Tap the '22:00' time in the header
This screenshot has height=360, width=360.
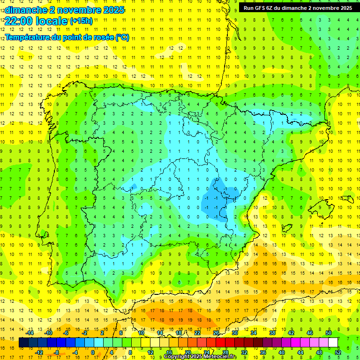[19, 21]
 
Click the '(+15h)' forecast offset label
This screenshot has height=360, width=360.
[81, 21]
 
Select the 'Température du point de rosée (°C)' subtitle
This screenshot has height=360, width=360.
[67, 37]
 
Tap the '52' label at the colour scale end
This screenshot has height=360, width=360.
[338, 352]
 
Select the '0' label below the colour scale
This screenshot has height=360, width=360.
[93, 352]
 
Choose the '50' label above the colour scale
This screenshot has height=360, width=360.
[329, 333]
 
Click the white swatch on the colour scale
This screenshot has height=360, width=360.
[333, 343]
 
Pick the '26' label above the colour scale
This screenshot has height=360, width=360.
[216, 333]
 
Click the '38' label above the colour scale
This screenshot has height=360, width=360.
[272, 333]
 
